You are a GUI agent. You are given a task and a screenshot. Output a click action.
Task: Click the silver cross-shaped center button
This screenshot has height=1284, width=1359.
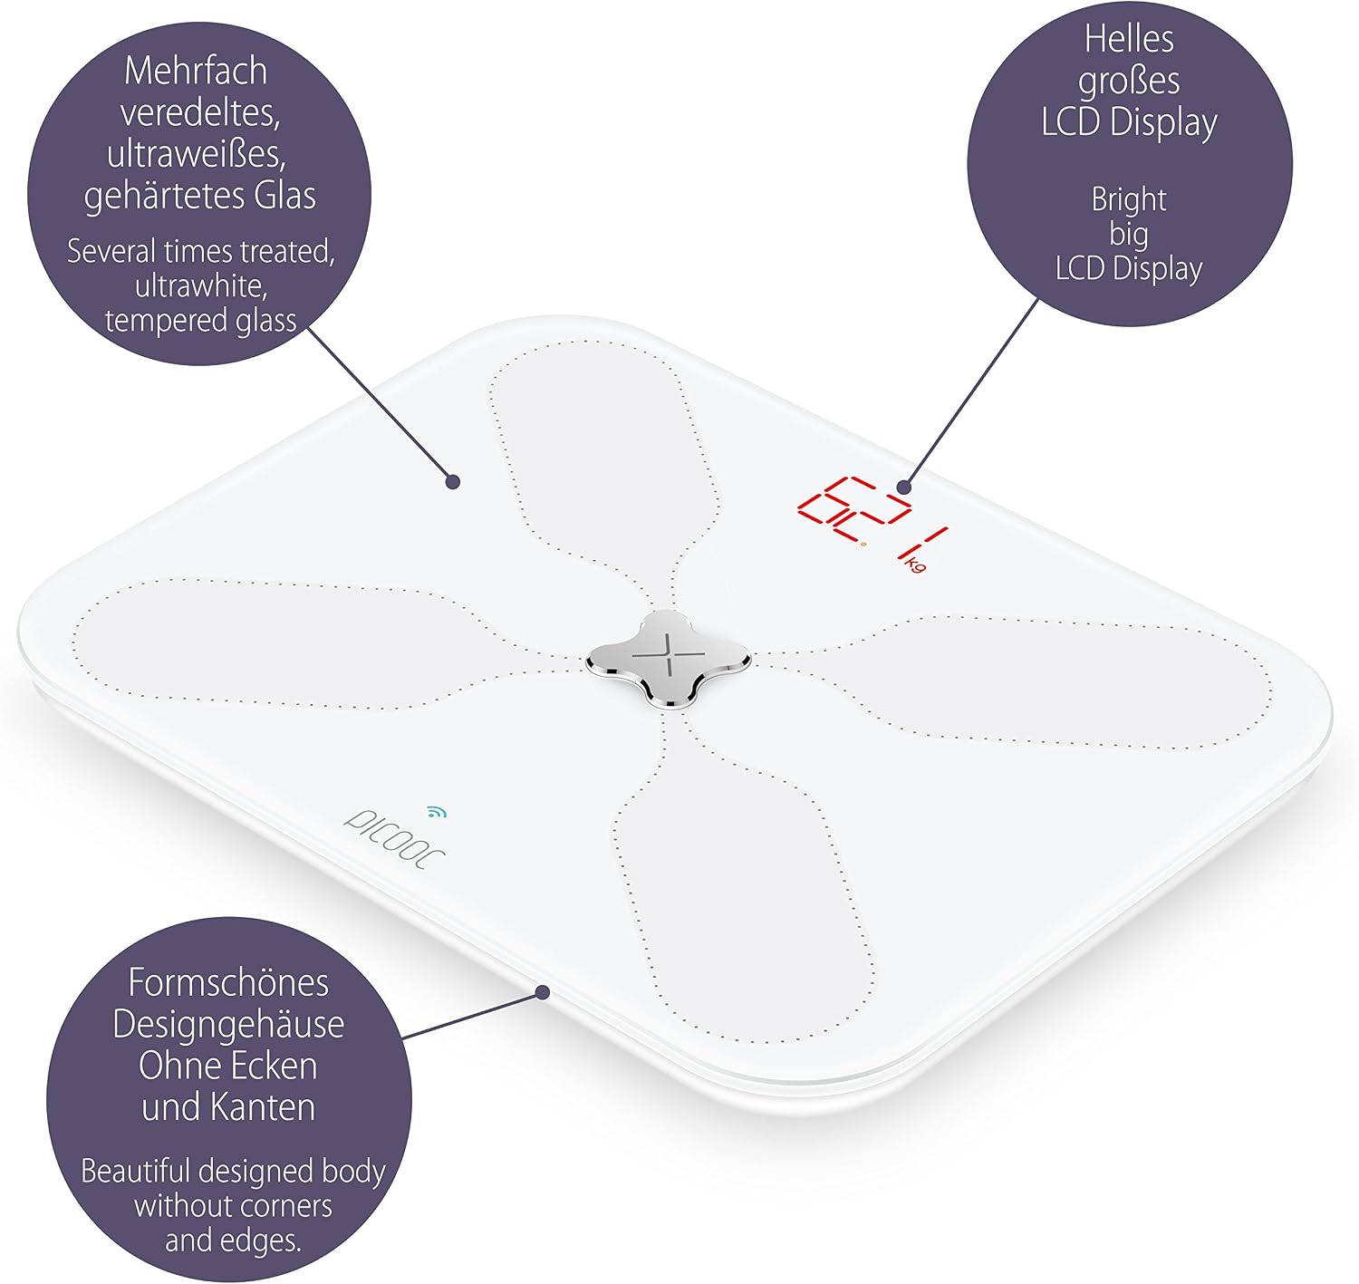[x=668, y=660]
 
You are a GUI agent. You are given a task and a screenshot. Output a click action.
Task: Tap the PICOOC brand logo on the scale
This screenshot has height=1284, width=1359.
[x=393, y=839]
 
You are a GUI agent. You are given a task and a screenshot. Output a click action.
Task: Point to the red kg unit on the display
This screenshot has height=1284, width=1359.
[x=916, y=565]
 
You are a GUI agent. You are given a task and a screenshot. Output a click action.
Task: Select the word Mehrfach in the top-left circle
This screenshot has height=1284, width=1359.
[x=196, y=71]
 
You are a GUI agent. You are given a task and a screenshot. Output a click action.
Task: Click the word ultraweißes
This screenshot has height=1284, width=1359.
[x=197, y=154]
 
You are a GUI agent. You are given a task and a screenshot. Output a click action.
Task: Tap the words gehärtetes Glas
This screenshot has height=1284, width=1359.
[x=200, y=197]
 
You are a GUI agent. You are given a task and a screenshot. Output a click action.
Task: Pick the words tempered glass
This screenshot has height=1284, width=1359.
[x=200, y=320]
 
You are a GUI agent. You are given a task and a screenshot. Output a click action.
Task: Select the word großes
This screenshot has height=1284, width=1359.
[x=1129, y=82]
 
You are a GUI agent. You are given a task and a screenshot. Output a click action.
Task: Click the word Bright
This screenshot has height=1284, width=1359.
[x=1128, y=200]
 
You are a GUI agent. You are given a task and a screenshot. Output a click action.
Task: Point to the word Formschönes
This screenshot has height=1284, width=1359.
[x=228, y=983]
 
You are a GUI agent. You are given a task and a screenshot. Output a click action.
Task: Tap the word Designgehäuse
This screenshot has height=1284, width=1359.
[x=228, y=1025]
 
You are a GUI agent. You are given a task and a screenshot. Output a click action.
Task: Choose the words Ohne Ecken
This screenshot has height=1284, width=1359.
[x=228, y=1066]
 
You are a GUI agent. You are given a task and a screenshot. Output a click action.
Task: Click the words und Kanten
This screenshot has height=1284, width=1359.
[x=228, y=1107]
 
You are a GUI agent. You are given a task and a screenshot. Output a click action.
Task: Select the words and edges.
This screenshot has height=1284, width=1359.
[x=233, y=1241]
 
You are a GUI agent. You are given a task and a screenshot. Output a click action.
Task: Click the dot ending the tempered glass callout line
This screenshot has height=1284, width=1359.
[x=452, y=482]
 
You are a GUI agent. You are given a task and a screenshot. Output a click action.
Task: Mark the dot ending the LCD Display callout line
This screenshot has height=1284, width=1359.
[x=904, y=488]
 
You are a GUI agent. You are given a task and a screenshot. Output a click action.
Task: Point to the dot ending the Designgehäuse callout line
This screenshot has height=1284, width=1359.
[x=543, y=992]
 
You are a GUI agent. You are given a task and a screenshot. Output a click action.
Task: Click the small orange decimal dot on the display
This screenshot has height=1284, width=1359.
[x=863, y=545]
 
